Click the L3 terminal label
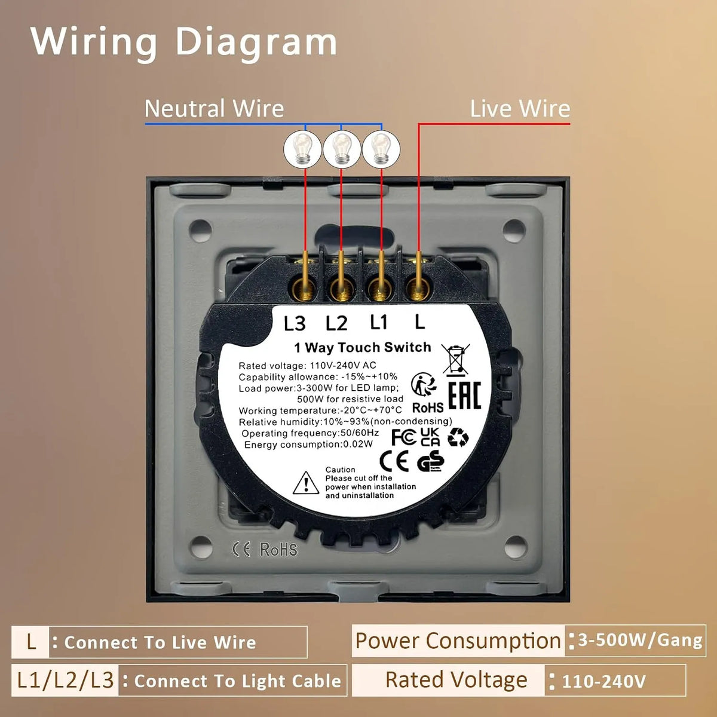tap(295, 323)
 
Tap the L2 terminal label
tap(337, 323)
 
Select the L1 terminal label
tap(379, 322)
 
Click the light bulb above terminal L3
tap(302, 149)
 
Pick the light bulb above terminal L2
tap(342, 149)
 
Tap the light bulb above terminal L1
tap(381, 149)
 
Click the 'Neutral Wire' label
tap(215, 109)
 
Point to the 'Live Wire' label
tap(520, 109)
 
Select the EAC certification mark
tap(465, 395)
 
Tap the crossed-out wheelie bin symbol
tap(455, 358)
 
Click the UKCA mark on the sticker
tap(430, 437)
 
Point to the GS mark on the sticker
tap(430, 461)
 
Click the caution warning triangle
tap(306, 483)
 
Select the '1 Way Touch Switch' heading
tap(363, 348)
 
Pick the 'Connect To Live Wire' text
tap(160, 642)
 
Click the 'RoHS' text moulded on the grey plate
tap(278, 549)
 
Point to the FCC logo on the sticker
tap(404, 437)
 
